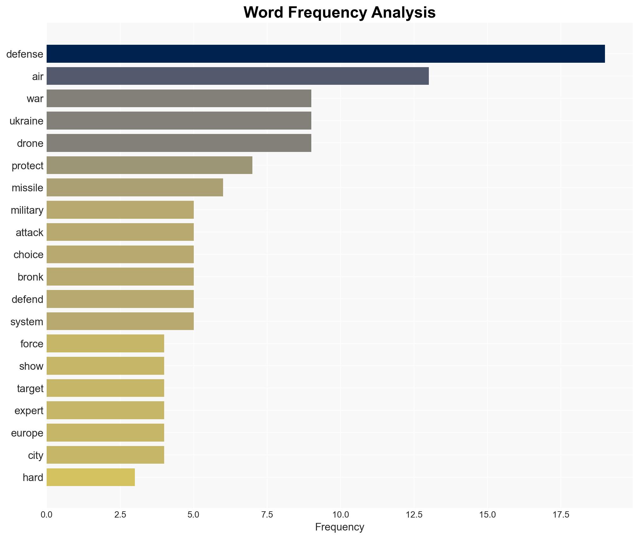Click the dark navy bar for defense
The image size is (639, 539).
point(325,54)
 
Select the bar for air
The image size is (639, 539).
point(238,76)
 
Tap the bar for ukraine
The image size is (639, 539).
point(179,121)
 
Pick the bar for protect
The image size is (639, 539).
point(149,165)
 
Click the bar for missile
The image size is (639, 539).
point(135,188)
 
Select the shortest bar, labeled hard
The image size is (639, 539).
point(91,477)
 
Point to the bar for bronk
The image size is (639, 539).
point(120,277)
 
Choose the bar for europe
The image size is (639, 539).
point(105,433)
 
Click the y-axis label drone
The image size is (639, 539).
point(30,143)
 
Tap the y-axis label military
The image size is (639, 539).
point(27,210)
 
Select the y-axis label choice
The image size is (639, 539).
point(28,255)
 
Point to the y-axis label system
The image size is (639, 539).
point(26,322)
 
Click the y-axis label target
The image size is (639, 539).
point(30,389)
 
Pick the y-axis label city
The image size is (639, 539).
point(35,455)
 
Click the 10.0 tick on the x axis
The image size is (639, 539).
point(340,515)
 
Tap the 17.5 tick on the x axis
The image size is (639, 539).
point(561,515)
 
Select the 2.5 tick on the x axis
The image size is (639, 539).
point(120,515)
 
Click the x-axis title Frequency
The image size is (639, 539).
point(339,527)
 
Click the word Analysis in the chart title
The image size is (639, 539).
point(403,13)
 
